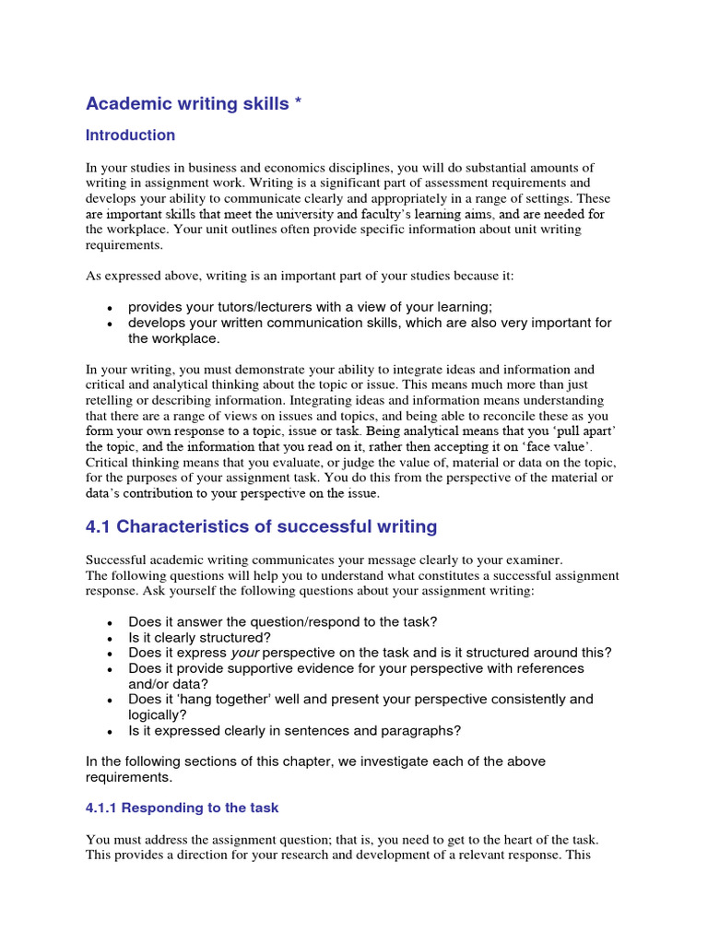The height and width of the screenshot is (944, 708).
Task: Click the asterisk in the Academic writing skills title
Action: [x=297, y=104]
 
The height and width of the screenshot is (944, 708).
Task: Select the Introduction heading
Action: [x=130, y=136]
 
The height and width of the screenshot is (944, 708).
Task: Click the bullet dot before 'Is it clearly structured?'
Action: [x=111, y=638]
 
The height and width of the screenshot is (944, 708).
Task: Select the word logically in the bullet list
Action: [x=156, y=715]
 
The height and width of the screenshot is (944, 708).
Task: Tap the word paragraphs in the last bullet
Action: [x=421, y=731]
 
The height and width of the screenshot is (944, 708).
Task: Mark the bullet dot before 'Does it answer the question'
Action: [x=111, y=622]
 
